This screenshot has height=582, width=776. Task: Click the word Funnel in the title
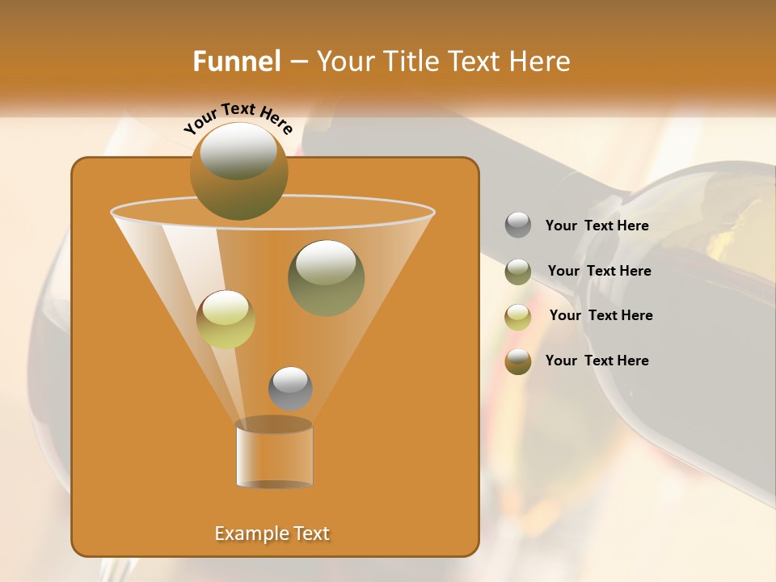(x=236, y=61)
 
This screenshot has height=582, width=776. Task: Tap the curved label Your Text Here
(x=238, y=117)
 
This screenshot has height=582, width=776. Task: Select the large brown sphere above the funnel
(x=238, y=171)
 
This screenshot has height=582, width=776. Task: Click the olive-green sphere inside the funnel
(x=326, y=277)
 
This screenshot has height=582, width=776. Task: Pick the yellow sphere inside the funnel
(x=226, y=319)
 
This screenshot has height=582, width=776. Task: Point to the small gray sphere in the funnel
(x=290, y=388)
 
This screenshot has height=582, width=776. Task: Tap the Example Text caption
(x=272, y=533)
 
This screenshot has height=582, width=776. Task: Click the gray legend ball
(x=518, y=226)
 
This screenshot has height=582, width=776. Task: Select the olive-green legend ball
(x=518, y=272)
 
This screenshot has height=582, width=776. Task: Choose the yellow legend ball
(x=518, y=316)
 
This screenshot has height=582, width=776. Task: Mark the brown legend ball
(x=518, y=361)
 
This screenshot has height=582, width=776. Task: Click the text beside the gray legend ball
(x=597, y=226)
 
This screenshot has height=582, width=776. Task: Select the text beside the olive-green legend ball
(x=599, y=272)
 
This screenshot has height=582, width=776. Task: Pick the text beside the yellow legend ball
(x=601, y=316)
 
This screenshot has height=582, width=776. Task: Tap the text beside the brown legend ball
(x=597, y=361)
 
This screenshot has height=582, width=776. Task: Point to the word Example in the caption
(x=246, y=533)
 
